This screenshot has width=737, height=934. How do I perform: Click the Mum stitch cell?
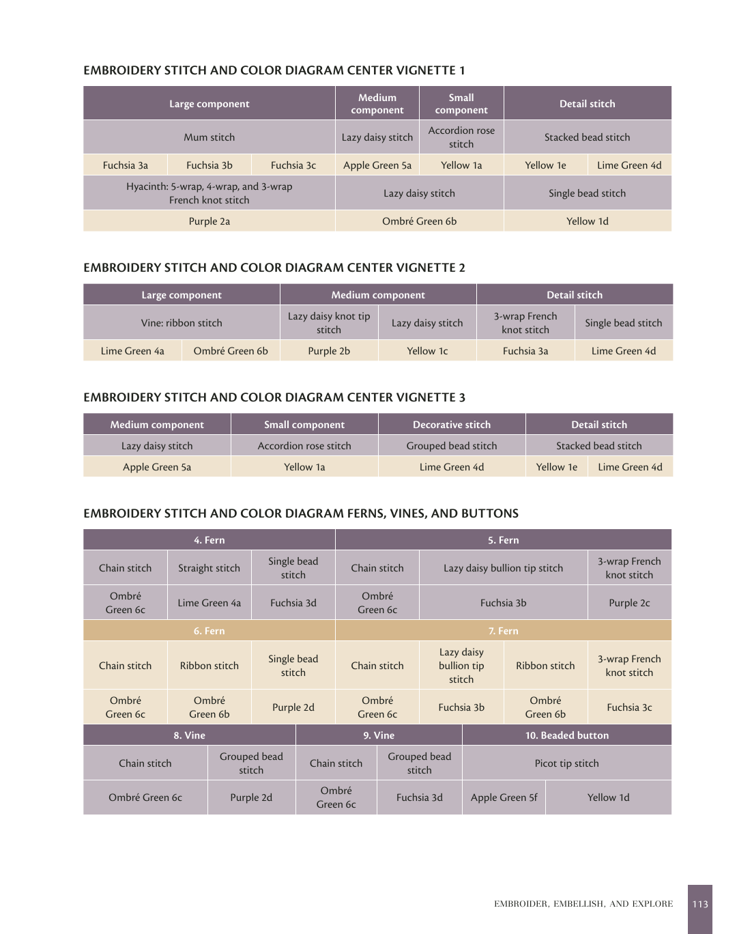tap(209, 137)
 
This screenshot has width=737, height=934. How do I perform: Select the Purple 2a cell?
tap(209, 221)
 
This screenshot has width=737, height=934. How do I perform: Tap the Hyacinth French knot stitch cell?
tap(209, 193)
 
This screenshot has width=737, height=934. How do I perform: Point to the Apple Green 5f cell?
tap(504, 797)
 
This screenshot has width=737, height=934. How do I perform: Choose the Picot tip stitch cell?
tap(566, 763)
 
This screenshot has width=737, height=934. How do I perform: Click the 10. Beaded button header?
tap(566, 735)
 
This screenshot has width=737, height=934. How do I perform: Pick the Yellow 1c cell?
tap(427, 351)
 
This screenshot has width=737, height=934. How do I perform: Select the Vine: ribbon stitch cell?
tap(182, 323)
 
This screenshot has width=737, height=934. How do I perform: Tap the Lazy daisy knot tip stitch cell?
tap(329, 323)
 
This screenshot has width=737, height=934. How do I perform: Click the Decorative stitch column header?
tap(452, 425)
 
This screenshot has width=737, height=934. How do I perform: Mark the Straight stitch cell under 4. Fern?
tap(209, 568)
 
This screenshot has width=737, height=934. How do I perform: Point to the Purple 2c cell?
tap(629, 603)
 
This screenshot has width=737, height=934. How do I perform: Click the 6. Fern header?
tap(209, 631)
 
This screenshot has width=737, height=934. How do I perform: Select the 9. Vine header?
tap(379, 735)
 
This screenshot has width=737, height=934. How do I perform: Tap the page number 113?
tap(700, 904)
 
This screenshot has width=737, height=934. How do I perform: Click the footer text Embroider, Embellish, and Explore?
tap(583, 904)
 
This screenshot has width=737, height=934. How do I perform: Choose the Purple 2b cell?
tap(329, 351)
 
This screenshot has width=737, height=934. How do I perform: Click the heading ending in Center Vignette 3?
tap(274, 397)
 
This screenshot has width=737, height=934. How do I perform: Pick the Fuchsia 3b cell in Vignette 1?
tap(209, 165)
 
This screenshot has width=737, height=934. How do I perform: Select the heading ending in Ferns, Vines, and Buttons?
tap(301, 513)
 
